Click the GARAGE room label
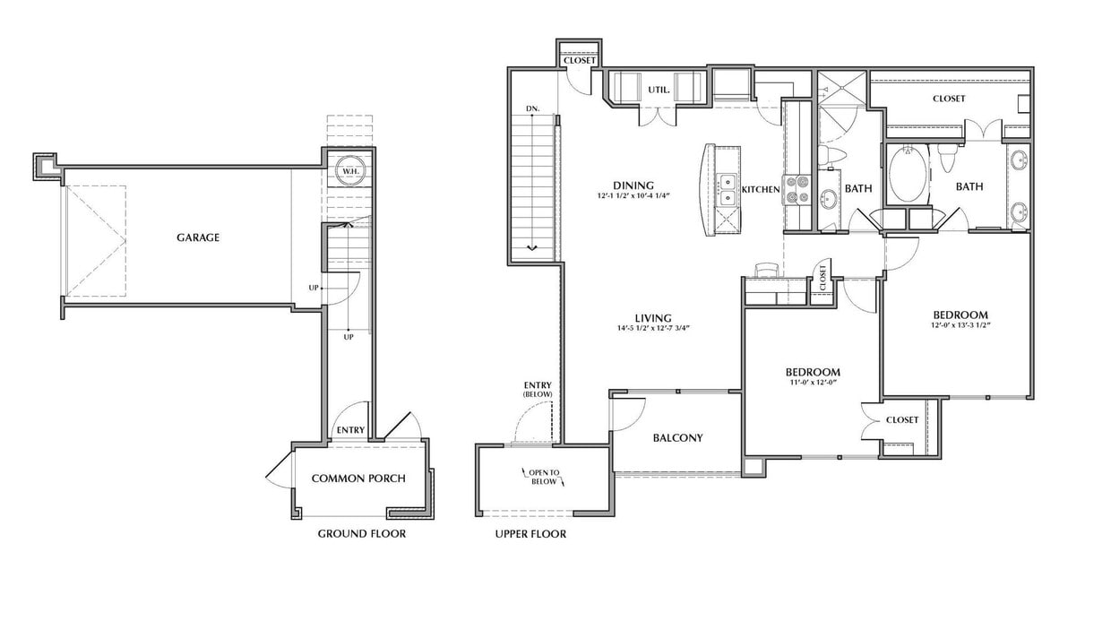[x=198, y=237]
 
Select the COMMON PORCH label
[x=357, y=479]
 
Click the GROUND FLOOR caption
[x=361, y=534]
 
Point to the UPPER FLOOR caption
[x=530, y=534]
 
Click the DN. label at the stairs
[x=532, y=109]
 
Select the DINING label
[x=633, y=185]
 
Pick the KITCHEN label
[x=761, y=190]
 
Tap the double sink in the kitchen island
[x=727, y=189]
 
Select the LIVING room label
[x=654, y=318]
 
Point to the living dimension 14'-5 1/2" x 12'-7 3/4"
[x=653, y=329]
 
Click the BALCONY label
[x=677, y=438]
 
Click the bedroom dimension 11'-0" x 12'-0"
[x=812, y=384]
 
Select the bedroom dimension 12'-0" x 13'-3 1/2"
[x=960, y=326]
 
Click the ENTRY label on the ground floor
[x=349, y=430]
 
